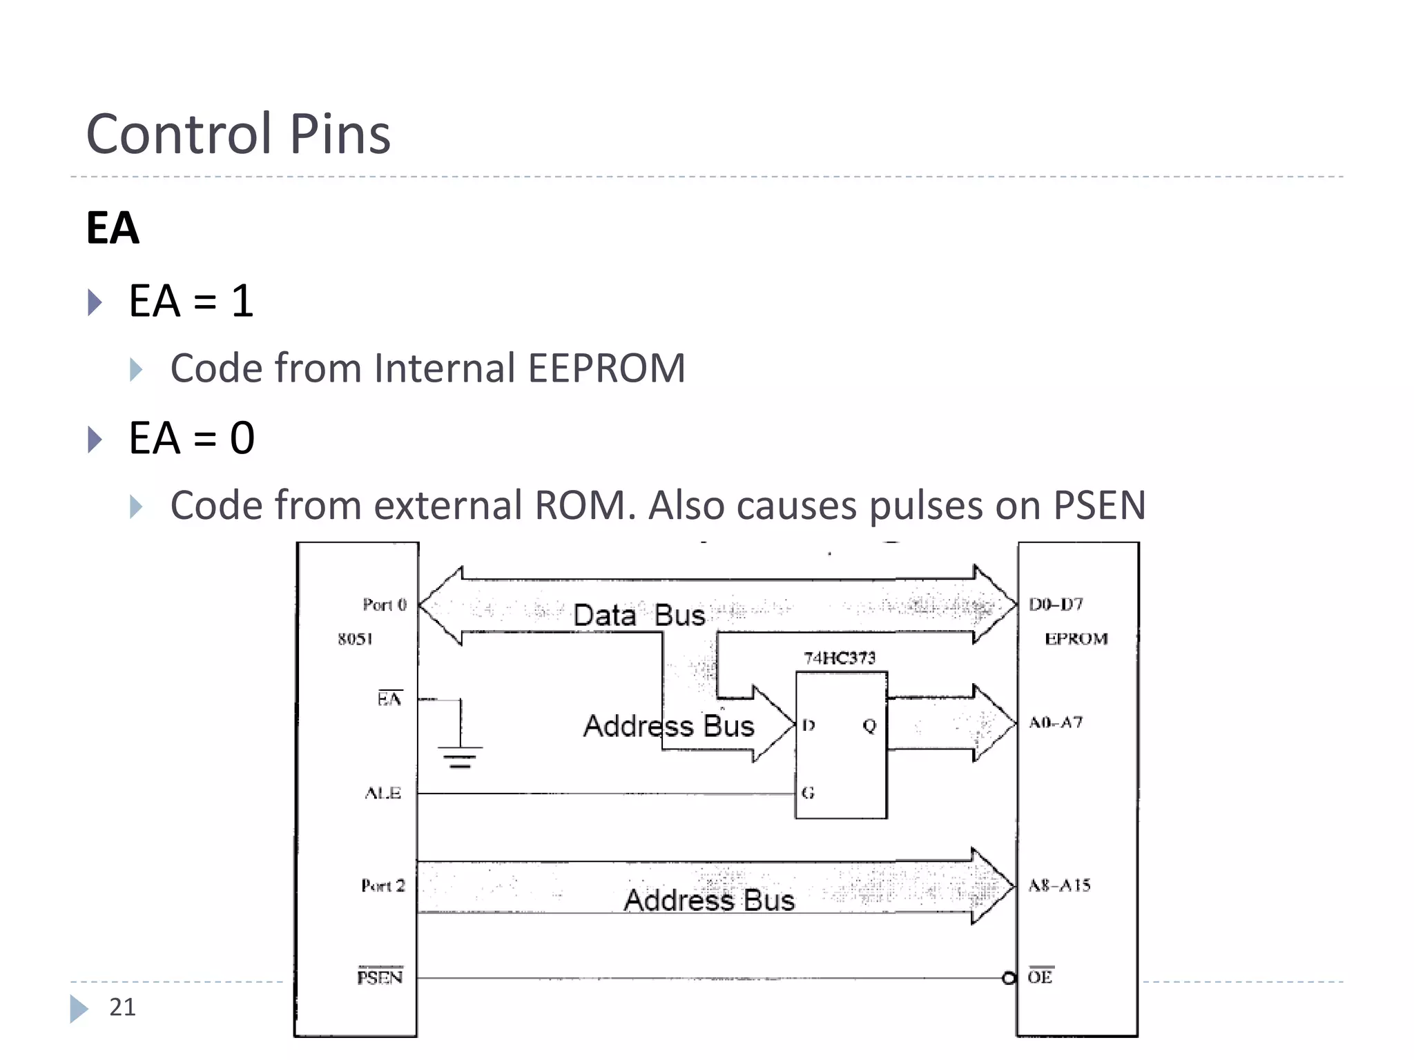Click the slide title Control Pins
click(x=238, y=133)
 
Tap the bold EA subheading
click(x=113, y=228)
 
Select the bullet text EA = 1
click(x=191, y=301)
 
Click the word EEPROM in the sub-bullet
click(x=606, y=368)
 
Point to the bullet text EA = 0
click(x=191, y=438)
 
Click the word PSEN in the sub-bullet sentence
click(x=1098, y=505)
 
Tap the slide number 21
click(x=122, y=1007)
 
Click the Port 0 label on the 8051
click(x=385, y=605)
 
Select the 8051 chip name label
click(x=355, y=639)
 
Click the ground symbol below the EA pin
click(x=460, y=756)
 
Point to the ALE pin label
click(x=382, y=794)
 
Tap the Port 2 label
click(x=382, y=885)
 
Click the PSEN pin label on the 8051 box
click(x=380, y=977)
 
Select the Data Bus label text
click(x=639, y=615)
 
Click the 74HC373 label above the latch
click(x=839, y=658)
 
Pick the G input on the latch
click(x=808, y=793)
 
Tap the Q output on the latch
click(x=869, y=725)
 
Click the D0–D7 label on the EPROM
click(x=1056, y=605)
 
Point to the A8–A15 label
click(x=1058, y=885)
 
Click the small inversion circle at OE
click(x=1009, y=978)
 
